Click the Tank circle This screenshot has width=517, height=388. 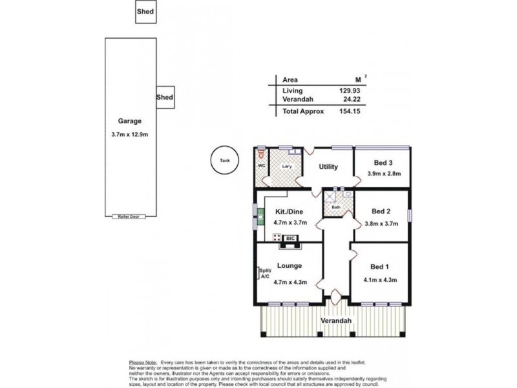225,160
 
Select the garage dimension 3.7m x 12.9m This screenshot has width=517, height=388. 129,135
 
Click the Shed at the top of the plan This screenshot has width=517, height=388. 145,12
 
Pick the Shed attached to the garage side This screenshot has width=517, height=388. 165,97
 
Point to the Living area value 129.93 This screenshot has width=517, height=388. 349,91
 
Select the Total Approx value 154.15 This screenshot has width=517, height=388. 349,111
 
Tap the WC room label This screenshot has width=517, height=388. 262,166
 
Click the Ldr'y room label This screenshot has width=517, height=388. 288,166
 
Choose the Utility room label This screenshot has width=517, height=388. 328,167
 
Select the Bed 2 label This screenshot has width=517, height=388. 382,211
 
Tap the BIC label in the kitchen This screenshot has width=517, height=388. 290,237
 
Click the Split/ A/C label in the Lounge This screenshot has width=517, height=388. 264,274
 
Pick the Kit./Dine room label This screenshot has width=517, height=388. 289,211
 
